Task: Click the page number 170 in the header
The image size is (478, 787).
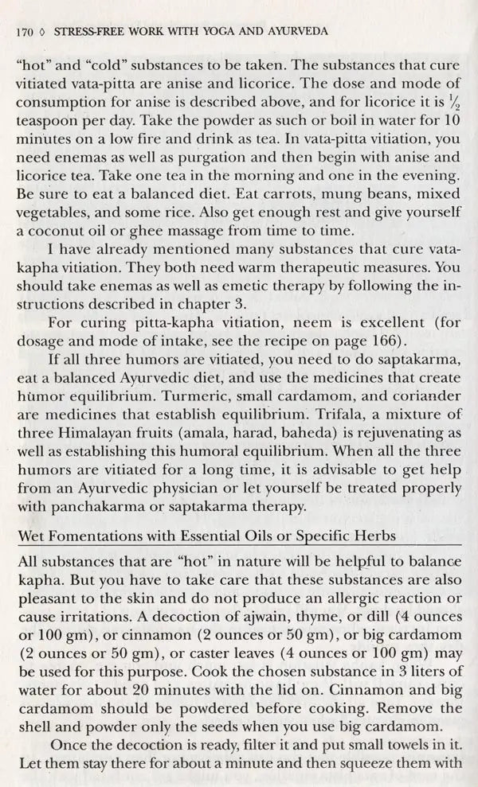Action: [25, 33]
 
